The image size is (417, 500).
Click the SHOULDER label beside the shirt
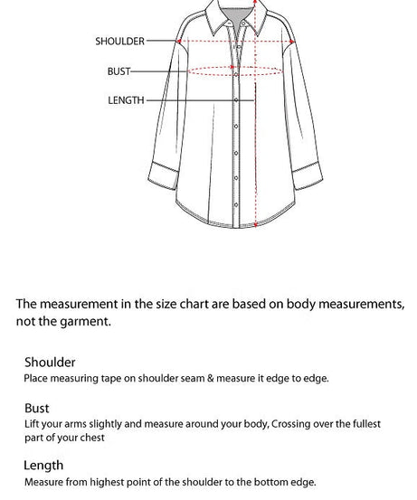tap(119, 41)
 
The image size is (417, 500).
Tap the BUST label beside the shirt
tap(118, 71)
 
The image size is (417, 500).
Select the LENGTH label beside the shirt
tap(126, 100)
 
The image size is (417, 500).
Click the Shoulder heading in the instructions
tap(50, 363)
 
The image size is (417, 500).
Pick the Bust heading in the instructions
tap(37, 409)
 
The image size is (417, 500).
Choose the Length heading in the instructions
tap(43, 466)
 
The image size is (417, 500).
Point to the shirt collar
tap(237, 18)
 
